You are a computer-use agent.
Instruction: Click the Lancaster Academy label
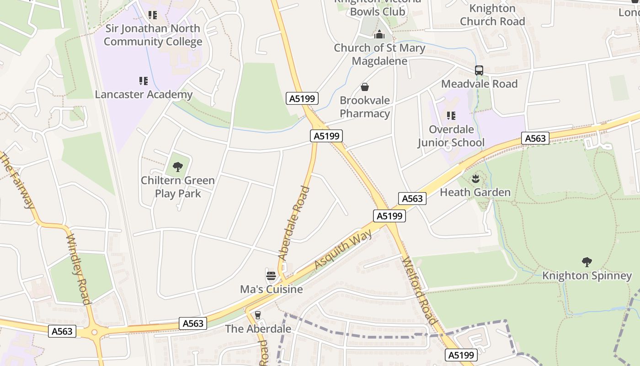point(144,95)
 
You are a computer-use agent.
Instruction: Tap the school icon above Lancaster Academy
point(144,81)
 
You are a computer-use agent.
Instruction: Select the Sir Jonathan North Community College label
point(153,35)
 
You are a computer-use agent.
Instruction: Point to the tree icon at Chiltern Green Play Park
point(178,167)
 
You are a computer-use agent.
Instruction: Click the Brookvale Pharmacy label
point(365,107)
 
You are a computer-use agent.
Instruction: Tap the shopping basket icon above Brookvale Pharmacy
point(365,87)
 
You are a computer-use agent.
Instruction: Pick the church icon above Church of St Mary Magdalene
point(379,34)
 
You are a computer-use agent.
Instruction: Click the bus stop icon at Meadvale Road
point(479,70)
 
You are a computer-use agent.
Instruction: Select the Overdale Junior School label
point(451,136)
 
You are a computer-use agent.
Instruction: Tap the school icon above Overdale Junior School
point(451,116)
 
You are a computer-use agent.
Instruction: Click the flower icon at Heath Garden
point(475,178)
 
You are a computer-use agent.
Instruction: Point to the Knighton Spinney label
point(587,275)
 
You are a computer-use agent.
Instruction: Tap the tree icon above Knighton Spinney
point(587,262)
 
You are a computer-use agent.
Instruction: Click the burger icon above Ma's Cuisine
point(271,275)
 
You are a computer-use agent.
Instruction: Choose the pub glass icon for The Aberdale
point(258,315)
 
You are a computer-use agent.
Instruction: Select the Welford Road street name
point(419,291)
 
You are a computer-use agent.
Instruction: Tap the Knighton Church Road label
point(492,15)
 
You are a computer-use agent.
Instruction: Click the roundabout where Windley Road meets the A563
point(95,332)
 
